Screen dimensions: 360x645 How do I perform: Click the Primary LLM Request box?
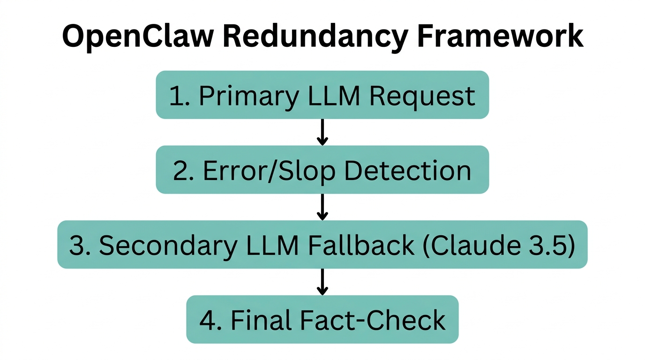click(322, 95)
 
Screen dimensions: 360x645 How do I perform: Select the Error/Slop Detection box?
click(322, 170)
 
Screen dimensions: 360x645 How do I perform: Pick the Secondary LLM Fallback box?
click(322, 245)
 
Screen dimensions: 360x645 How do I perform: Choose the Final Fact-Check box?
click(322, 320)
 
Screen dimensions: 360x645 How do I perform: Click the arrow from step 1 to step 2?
click(322, 132)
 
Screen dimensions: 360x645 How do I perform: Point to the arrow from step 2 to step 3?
click(322, 207)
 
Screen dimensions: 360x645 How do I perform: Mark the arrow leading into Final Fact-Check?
click(322, 282)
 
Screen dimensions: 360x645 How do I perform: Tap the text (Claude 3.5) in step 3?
click(499, 245)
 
